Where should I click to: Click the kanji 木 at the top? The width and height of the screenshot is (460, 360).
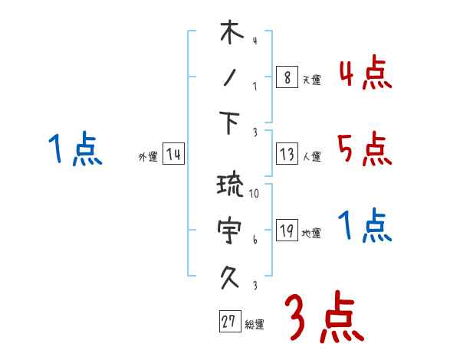(231, 34)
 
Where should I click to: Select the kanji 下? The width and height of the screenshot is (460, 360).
(231, 123)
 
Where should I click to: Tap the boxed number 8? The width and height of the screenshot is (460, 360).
(286, 77)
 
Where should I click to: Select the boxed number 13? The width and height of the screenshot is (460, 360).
(286, 155)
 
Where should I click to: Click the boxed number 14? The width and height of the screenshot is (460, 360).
(173, 155)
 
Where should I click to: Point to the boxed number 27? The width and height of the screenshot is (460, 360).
(228, 322)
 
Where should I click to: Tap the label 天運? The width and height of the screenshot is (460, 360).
(312, 80)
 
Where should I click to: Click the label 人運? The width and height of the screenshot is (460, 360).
(312, 157)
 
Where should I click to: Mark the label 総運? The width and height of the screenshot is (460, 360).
(255, 324)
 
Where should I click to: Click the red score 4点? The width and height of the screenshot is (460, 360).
(364, 74)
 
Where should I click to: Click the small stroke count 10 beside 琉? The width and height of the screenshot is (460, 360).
(255, 195)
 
